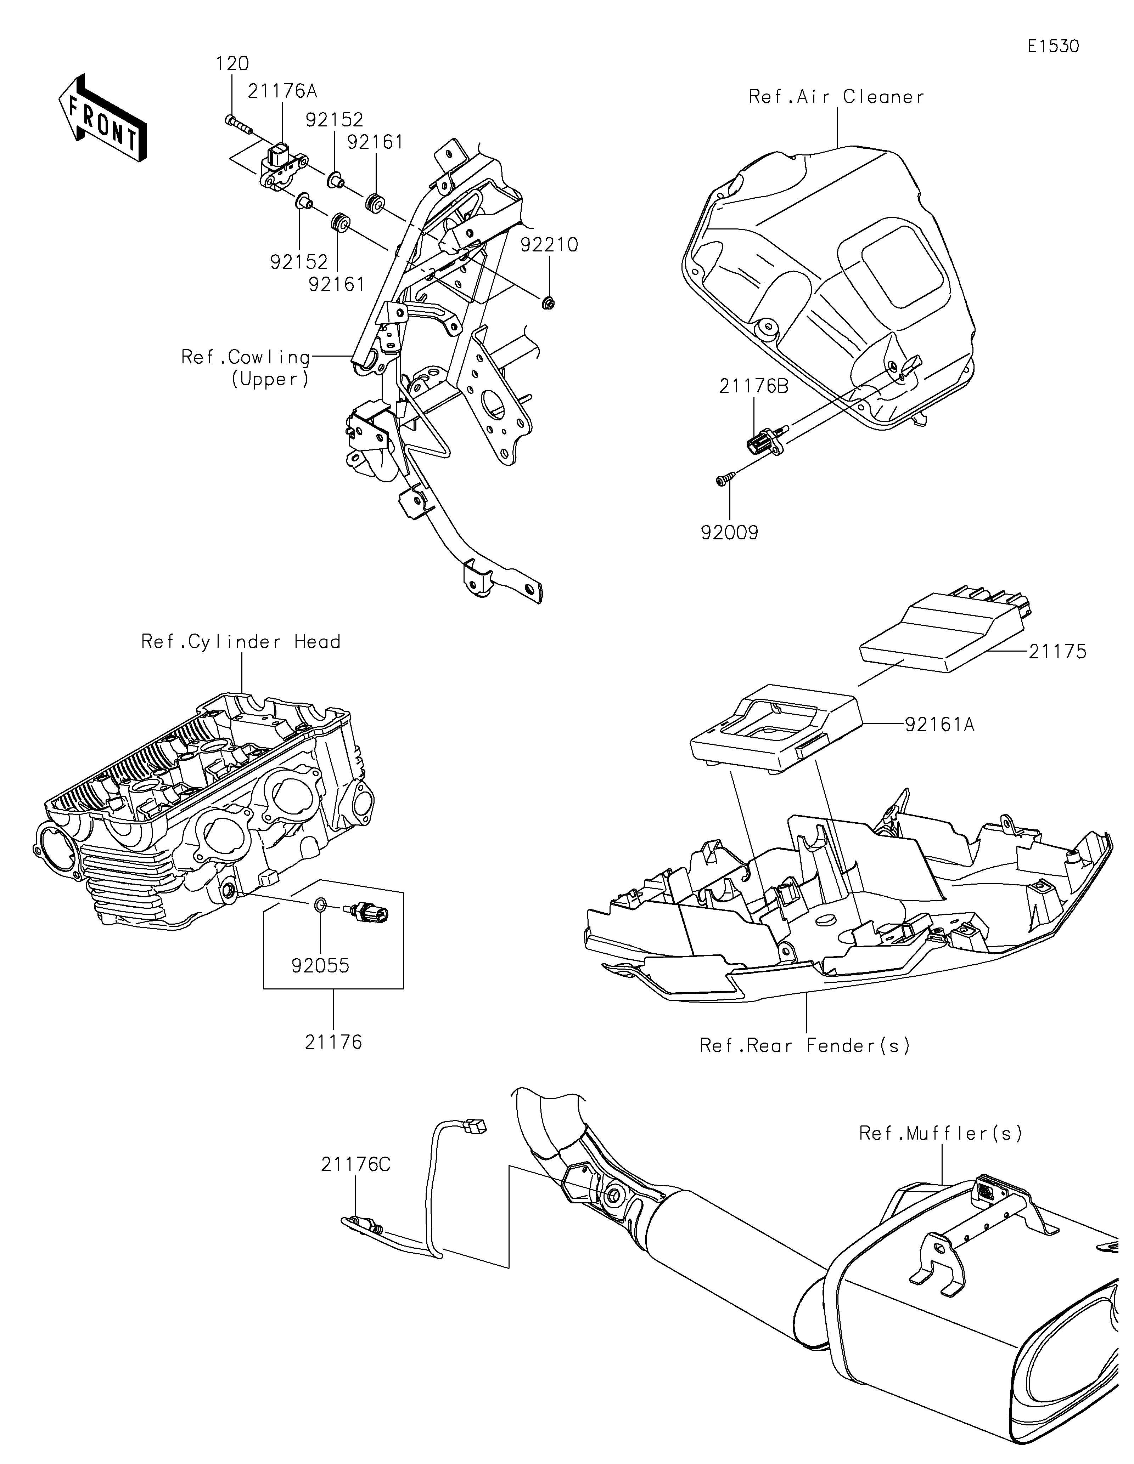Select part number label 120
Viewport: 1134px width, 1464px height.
(x=232, y=64)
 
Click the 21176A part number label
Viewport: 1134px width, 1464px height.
(x=277, y=91)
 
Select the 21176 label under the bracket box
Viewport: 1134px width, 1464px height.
(x=333, y=1042)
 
